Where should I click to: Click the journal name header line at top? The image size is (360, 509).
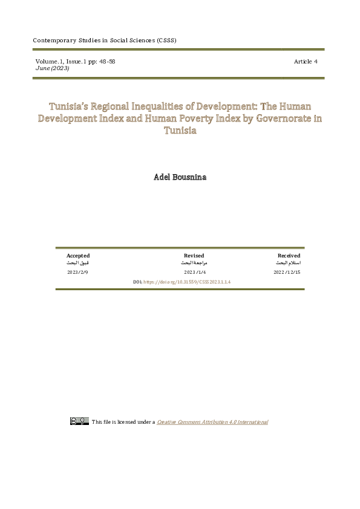pos(104,41)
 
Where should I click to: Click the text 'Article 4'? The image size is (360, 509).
pos(306,62)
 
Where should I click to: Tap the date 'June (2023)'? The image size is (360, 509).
pos(52,68)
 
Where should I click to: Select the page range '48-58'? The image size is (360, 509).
pos(102,62)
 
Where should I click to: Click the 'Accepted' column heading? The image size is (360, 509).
pos(78,256)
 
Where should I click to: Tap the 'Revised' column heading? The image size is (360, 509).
pos(194,256)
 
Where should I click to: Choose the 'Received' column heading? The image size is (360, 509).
pos(289,256)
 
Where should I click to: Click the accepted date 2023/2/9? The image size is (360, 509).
pos(78,273)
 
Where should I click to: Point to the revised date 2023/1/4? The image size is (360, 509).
pos(194,273)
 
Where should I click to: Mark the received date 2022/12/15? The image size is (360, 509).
pos(287,273)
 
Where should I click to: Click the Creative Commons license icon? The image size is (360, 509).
pos(79,421)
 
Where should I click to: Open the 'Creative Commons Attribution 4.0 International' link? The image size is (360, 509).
pos(212,422)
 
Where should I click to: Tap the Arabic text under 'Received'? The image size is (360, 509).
pos(288,264)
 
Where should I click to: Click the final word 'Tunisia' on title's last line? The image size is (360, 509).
pos(180,131)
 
